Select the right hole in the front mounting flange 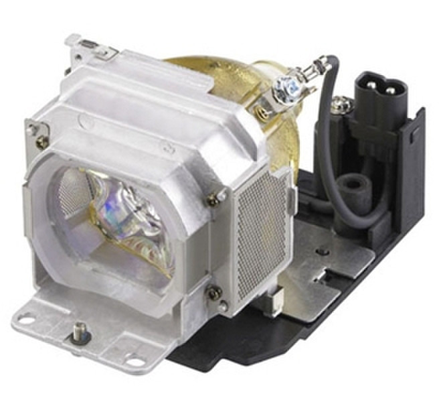coord(137,362)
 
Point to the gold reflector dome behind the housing coord(221,74)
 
